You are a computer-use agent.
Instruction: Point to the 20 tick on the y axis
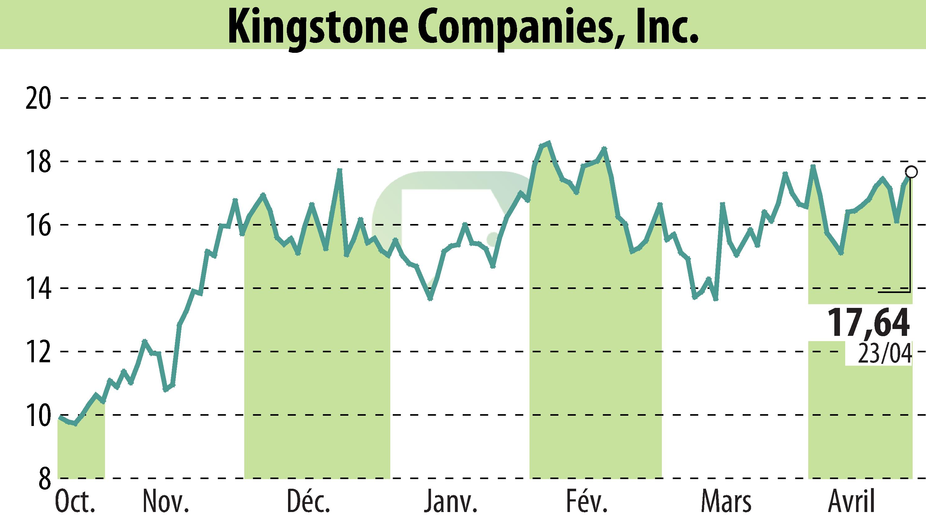click(38, 98)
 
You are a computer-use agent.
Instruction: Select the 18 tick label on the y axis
click(38, 162)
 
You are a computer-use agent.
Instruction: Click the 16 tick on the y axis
click(38, 225)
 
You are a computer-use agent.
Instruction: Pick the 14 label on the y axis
click(38, 288)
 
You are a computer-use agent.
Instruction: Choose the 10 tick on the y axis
click(38, 415)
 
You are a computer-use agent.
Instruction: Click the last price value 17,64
click(868, 323)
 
